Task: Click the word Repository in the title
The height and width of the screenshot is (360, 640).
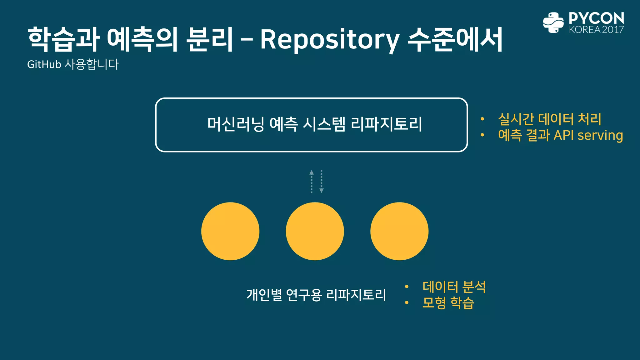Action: click(330, 40)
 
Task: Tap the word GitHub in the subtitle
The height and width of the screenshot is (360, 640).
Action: click(44, 64)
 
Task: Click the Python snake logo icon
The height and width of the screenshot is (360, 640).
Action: click(553, 22)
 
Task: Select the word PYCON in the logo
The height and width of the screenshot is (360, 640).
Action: click(596, 18)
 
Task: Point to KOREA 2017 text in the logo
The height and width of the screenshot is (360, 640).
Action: click(596, 30)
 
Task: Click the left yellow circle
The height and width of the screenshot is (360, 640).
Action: click(230, 231)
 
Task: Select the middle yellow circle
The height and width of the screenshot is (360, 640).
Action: click(315, 231)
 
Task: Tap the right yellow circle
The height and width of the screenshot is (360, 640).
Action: click(399, 231)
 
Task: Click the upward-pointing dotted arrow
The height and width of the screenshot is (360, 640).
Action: click(312, 181)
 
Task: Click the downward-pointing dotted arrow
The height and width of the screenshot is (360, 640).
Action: click(321, 181)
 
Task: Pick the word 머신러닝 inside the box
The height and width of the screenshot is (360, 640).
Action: click(236, 124)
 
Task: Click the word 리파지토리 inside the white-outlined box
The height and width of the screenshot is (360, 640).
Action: click(386, 124)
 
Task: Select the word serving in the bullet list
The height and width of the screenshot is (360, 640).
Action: click(600, 136)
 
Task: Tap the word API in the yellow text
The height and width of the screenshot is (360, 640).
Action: click(564, 136)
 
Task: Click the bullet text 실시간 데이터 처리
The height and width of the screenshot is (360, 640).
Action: click(549, 119)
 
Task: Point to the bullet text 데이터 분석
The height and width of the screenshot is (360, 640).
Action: click(454, 287)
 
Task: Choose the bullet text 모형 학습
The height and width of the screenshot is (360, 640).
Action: click(448, 303)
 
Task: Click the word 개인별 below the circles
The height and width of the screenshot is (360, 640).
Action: click(264, 295)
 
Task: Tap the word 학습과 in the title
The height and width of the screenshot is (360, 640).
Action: click(63, 40)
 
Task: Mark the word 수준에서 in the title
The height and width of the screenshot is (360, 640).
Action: click(455, 40)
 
